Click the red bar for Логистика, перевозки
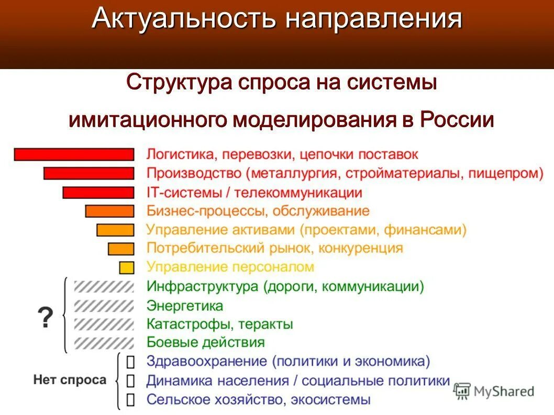pyautogui.click(x=74, y=154)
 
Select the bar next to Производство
pyautogui.click(x=88, y=173)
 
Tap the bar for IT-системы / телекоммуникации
pyautogui.click(x=98, y=192)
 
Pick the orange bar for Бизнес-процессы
pyautogui.click(x=109, y=211)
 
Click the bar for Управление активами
pyautogui.click(x=115, y=230)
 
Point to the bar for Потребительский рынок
pyautogui.click(x=121, y=249)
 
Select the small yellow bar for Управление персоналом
pyautogui.click(x=127, y=267)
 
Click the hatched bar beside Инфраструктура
pyautogui.click(x=104, y=286)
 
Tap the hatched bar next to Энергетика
pyautogui.click(x=104, y=305)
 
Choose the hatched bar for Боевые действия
pyautogui.click(x=104, y=343)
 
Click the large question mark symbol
pyautogui.click(x=46, y=318)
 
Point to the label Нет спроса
pyautogui.click(x=70, y=380)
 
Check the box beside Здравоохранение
pyautogui.click(x=130, y=362)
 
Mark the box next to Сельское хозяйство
pyautogui.click(x=130, y=399)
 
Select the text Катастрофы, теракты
pyautogui.click(x=219, y=324)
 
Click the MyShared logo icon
pyautogui.click(x=462, y=391)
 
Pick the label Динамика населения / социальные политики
pyautogui.click(x=298, y=380)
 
